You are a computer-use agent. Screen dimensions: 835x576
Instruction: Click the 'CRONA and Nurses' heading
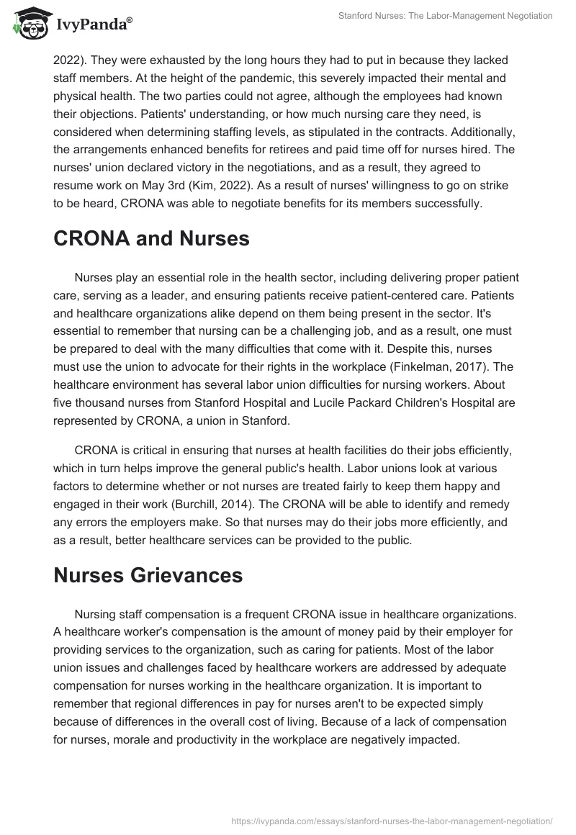tap(151, 239)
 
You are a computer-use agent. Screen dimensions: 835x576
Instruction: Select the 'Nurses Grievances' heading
tap(148, 574)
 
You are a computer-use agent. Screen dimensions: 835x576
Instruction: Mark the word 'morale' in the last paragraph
tap(128, 740)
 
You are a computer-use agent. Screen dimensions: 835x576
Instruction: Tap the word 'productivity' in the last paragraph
tap(203, 740)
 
